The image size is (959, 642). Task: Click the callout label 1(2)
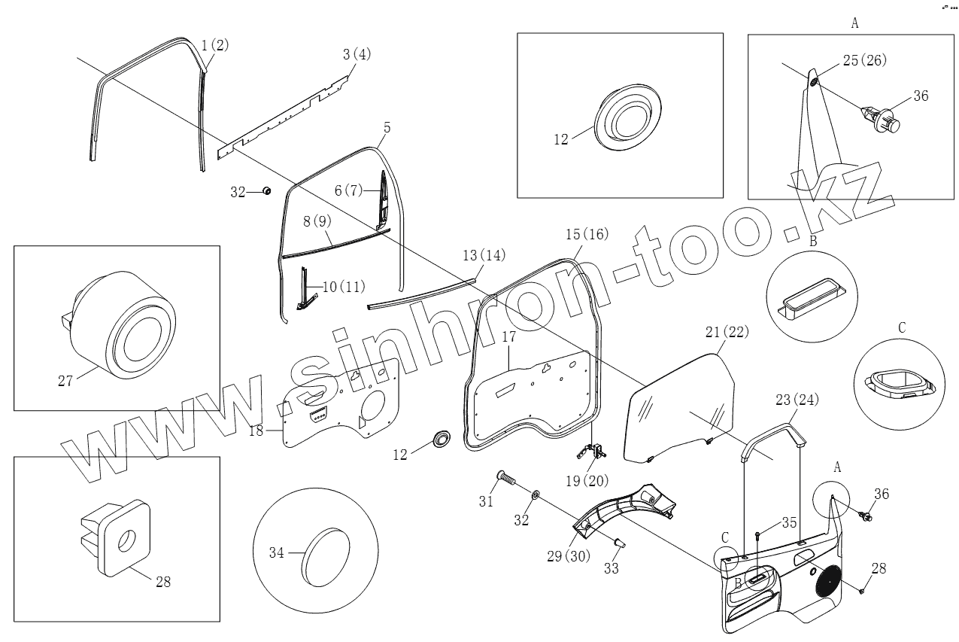pyautogui.click(x=215, y=45)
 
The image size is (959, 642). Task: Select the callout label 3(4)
pyautogui.click(x=357, y=55)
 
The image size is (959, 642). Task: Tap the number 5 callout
pyautogui.click(x=386, y=128)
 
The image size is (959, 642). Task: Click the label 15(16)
pyautogui.click(x=587, y=234)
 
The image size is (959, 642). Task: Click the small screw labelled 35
pyautogui.click(x=757, y=536)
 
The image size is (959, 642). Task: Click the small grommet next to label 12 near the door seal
pyautogui.click(x=441, y=437)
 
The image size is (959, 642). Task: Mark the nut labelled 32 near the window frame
pyautogui.click(x=266, y=191)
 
